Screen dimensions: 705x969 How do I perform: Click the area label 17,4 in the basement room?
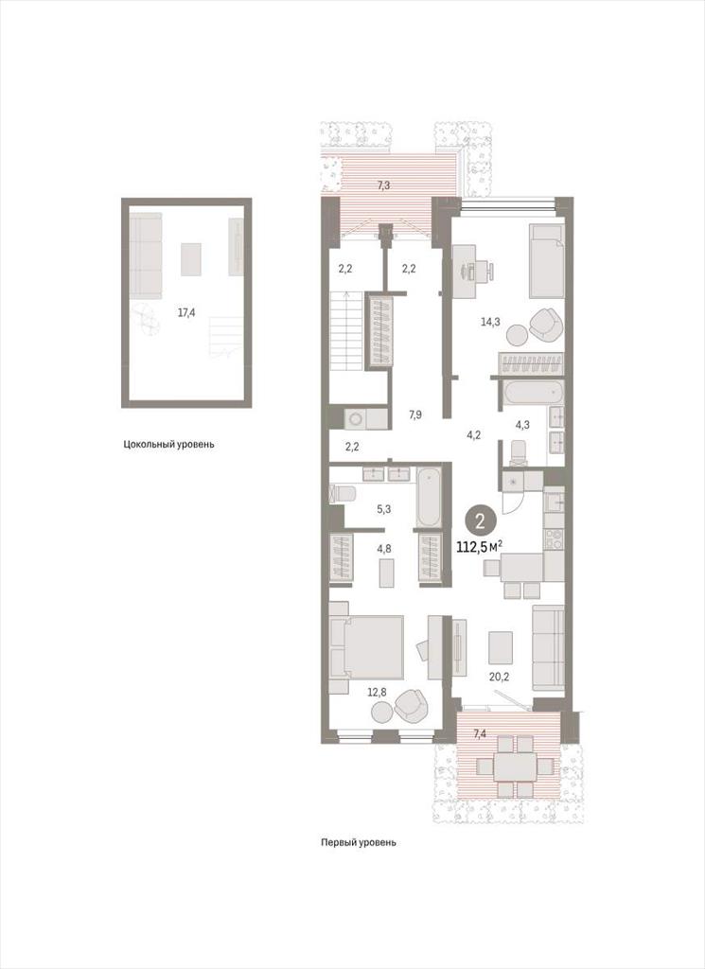point(186,312)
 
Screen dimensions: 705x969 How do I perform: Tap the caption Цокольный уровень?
point(168,444)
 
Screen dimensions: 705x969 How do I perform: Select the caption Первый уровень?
point(359,841)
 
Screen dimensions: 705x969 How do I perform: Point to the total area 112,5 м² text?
point(479,546)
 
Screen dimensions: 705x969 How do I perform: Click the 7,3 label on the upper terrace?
point(383,185)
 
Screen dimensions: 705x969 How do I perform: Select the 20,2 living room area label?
point(499,677)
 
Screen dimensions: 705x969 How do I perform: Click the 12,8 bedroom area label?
point(377,693)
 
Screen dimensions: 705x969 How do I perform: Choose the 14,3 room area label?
point(491,321)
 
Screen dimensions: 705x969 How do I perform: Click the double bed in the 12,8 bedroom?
point(366,655)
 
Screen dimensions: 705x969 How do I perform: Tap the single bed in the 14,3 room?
point(547,260)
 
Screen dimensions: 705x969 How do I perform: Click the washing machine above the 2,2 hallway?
point(357,418)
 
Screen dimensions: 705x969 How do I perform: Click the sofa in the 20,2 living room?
point(548,648)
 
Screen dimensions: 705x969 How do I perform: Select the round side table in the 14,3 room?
point(517,335)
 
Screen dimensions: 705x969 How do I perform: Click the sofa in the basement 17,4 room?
point(146,255)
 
